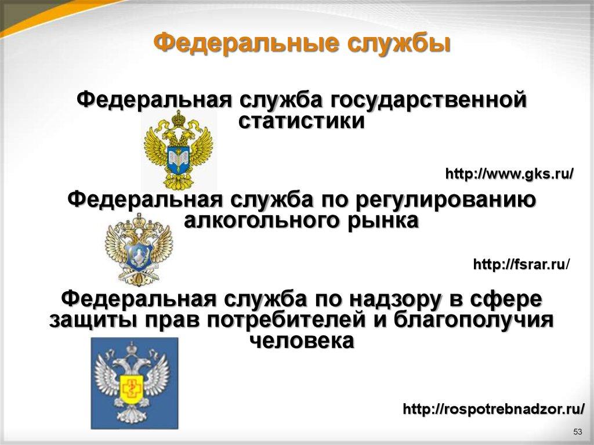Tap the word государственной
point(429,99)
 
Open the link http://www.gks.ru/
point(509,173)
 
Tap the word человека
point(302,341)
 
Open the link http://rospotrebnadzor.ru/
point(494,409)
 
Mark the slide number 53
point(577,432)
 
